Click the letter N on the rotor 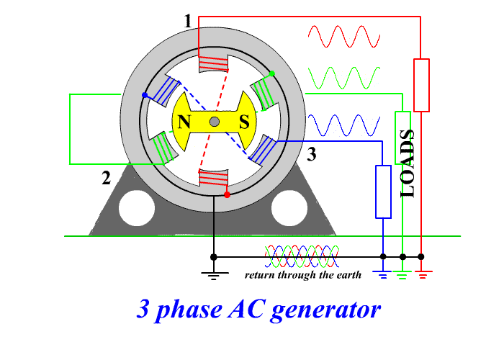[184, 122]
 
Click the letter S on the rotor [244, 122]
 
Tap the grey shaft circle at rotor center [214, 122]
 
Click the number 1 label [188, 22]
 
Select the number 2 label [107, 179]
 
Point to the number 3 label [311, 153]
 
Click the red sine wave [343, 36]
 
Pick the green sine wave [343, 76]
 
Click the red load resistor [421, 86]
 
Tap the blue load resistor [383, 192]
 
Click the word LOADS [408, 163]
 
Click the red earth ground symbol [421, 274]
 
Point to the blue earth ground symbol [383, 274]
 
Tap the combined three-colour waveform [302, 256]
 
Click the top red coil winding [213, 64]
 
